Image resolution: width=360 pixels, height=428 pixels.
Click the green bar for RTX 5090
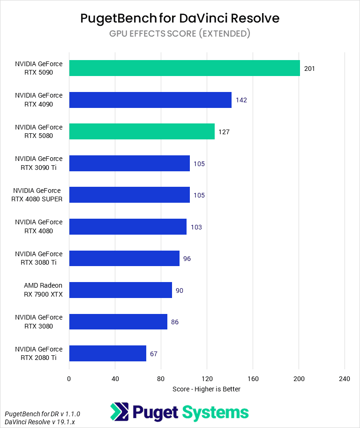pyautogui.click(x=184, y=68)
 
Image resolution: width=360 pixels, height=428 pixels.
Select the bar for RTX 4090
pyautogui.click(x=150, y=100)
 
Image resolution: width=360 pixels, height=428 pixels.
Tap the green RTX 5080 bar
pyautogui.click(x=142, y=131)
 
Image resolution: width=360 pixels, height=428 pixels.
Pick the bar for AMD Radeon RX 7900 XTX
pyautogui.click(x=120, y=290)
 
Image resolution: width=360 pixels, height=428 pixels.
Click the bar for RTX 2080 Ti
pyautogui.click(x=107, y=353)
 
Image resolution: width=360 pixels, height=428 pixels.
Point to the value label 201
pyautogui.click(x=309, y=69)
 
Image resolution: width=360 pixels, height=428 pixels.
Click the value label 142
pyautogui.click(x=241, y=100)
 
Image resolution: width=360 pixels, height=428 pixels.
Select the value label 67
pyautogui.click(x=154, y=354)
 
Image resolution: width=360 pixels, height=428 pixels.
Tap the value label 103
pyautogui.click(x=196, y=227)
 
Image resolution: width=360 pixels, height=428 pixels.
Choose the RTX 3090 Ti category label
pyautogui.click(x=39, y=163)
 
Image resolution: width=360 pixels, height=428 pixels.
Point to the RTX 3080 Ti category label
pyautogui.click(x=39, y=258)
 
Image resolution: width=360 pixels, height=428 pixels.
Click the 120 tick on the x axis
pyautogui.click(x=207, y=379)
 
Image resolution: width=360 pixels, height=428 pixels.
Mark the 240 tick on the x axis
pyautogui.click(x=345, y=379)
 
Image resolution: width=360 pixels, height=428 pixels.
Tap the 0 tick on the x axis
pyautogui.click(x=69, y=379)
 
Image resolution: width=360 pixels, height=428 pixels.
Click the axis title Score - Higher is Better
pyautogui.click(x=206, y=389)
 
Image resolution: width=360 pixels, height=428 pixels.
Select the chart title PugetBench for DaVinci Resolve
pyautogui.click(x=180, y=18)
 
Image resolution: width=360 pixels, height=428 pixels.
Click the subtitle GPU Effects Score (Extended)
pyautogui.click(x=180, y=33)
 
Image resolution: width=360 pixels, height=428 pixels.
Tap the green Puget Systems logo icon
pyautogui.click(x=119, y=412)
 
